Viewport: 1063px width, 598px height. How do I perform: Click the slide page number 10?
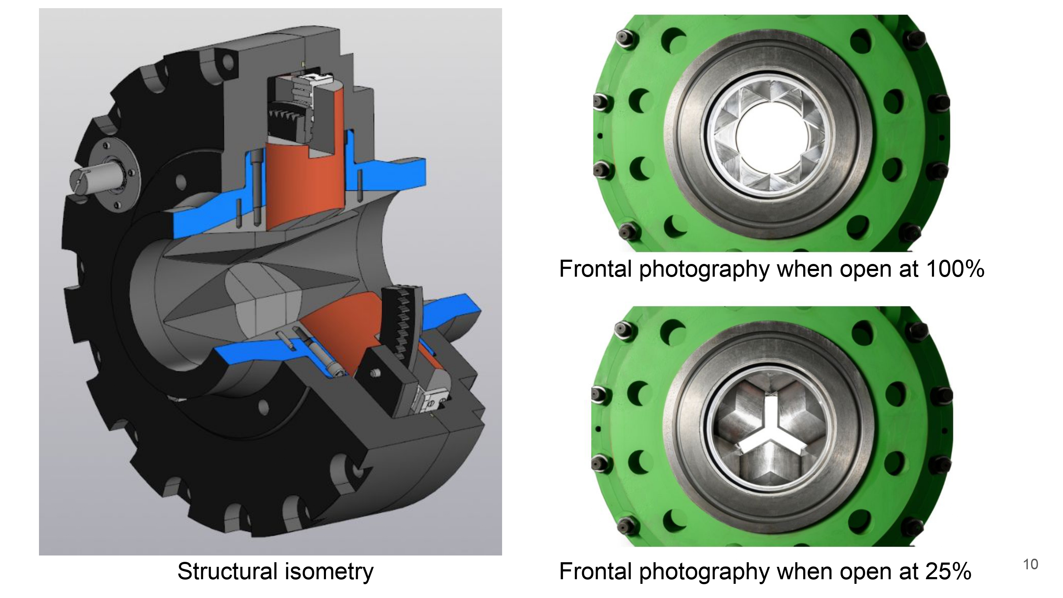point(1030,564)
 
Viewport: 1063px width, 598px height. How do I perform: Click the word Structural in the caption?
point(227,571)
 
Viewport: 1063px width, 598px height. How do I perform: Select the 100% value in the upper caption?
point(955,269)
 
